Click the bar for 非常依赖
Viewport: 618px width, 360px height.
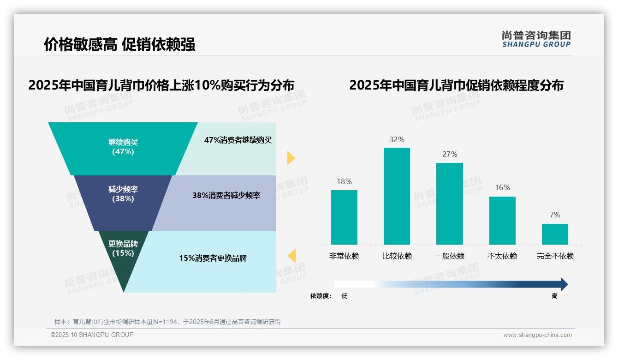(x=344, y=217)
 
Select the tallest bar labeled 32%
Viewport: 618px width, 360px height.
(x=397, y=196)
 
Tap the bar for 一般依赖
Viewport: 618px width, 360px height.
(x=450, y=204)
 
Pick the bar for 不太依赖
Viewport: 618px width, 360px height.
(x=502, y=220)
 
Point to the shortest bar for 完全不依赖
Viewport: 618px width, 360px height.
(x=555, y=234)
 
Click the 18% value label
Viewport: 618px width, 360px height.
(x=344, y=181)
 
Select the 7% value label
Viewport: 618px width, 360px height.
(x=555, y=215)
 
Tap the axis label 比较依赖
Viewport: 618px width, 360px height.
(x=397, y=256)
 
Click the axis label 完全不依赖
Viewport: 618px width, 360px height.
(x=555, y=256)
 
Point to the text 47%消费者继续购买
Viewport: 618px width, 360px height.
(x=238, y=140)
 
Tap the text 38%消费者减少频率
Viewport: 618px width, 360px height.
(x=226, y=195)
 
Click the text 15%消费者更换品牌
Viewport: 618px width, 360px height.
(x=213, y=258)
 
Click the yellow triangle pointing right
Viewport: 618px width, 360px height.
(x=291, y=158)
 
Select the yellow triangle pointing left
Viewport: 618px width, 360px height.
(x=291, y=255)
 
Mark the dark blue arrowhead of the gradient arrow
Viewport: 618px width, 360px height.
(x=564, y=284)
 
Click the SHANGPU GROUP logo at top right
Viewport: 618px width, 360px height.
(x=536, y=39)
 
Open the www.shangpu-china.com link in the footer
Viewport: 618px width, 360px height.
(x=537, y=335)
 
